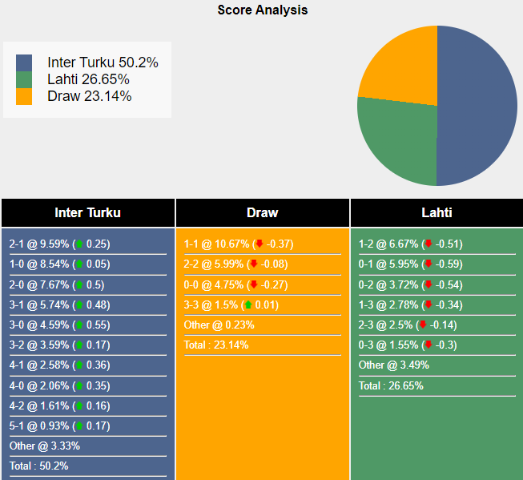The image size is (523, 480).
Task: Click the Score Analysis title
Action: [x=262, y=10]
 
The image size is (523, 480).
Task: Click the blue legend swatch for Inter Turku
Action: [x=24, y=63]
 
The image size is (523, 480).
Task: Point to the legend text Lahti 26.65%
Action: [x=88, y=79]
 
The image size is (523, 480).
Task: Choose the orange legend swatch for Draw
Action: [x=24, y=96]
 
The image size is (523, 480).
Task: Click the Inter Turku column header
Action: [x=87, y=212]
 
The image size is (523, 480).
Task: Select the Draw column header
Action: [x=262, y=212]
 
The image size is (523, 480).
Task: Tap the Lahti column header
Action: [x=437, y=212]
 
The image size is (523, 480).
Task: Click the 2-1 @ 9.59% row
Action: [x=60, y=244]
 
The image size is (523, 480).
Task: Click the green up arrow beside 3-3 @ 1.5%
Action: [x=248, y=305]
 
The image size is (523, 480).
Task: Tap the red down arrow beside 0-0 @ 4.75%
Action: [x=254, y=284]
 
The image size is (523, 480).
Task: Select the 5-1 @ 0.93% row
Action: [x=60, y=426]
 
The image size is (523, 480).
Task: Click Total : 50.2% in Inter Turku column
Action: [x=38, y=466]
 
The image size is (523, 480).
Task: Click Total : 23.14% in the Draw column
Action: [x=216, y=345]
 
